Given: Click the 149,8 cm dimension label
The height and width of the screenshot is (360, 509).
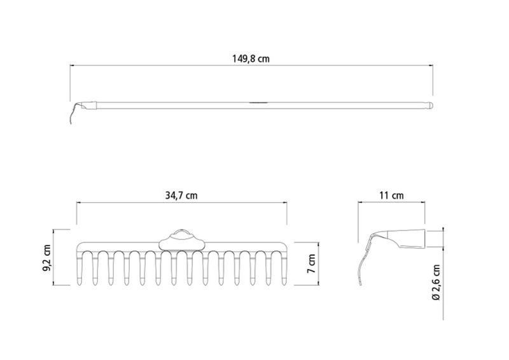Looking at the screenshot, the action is (251, 59).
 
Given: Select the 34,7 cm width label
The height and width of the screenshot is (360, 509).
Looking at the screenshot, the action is (181, 195).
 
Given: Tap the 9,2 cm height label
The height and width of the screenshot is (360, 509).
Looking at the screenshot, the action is (47, 258).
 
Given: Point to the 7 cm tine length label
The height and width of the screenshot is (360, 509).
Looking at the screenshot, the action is (311, 263).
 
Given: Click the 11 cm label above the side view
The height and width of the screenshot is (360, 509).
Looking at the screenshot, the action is (391, 195).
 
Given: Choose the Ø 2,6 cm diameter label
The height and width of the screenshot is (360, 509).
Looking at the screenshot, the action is (436, 282).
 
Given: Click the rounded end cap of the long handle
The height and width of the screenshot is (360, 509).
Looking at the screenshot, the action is (430, 106).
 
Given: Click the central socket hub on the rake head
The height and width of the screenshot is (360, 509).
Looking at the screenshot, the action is (182, 241).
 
